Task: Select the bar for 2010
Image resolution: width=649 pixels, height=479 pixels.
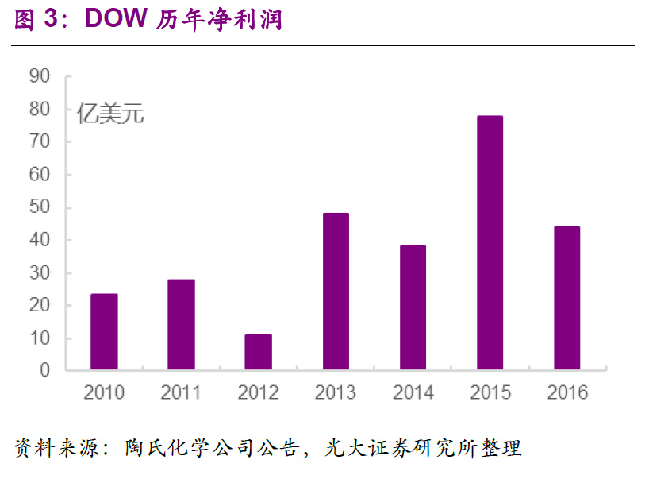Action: [x=104, y=332]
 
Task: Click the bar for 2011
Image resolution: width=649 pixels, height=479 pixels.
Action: [x=181, y=325]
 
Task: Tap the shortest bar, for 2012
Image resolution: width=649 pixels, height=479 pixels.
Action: [x=258, y=352]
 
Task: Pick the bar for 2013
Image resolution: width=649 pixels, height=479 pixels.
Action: [x=336, y=292]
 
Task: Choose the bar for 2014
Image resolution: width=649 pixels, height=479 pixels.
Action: [x=413, y=307]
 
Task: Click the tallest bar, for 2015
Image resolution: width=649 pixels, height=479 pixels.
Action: [x=490, y=243]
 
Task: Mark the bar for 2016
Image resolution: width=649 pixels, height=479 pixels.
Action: [x=566, y=298]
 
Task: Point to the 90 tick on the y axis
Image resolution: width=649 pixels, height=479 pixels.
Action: [x=39, y=76]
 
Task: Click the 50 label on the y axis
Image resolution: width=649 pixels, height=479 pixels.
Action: [x=39, y=207]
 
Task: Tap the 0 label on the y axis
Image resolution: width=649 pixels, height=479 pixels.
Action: [x=44, y=370]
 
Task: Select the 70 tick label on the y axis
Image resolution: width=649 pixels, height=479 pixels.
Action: [x=39, y=142]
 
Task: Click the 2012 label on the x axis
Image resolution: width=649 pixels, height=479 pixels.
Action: [x=258, y=392]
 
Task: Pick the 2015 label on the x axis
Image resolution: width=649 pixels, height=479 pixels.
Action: [x=490, y=392]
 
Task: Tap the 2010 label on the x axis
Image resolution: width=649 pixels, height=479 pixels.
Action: [x=104, y=392]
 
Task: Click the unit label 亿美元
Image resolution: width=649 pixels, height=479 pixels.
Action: [x=110, y=114]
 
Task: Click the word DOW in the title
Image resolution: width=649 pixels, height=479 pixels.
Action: [x=116, y=20]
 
